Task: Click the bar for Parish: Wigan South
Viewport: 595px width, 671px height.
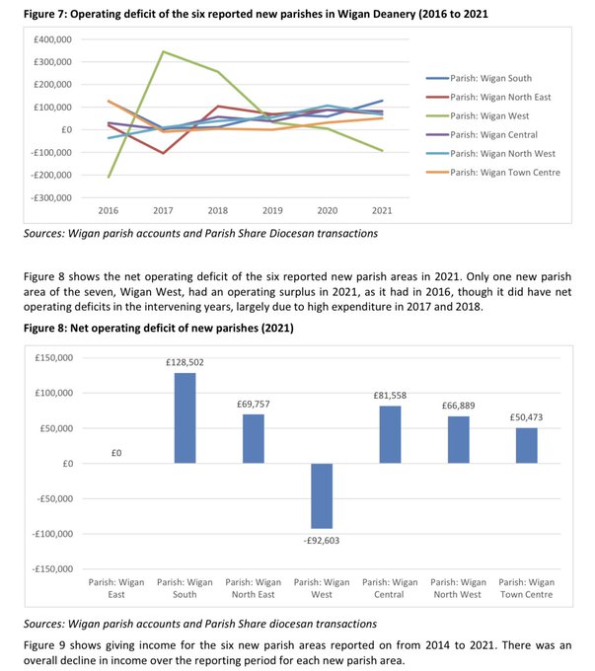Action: pos(186,417)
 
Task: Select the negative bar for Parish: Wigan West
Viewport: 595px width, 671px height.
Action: pos(322,495)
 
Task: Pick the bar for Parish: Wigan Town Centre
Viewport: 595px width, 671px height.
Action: pos(526,445)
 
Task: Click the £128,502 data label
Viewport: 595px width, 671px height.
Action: pos(186,363)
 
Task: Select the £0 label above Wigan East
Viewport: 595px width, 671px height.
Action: pos(117,453)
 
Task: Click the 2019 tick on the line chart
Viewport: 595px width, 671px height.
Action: pos(272,211)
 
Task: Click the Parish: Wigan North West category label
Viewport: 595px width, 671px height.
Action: pos(458,588)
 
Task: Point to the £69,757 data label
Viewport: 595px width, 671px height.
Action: pos(254,405)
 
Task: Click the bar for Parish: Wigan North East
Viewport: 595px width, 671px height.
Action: pos(254,438)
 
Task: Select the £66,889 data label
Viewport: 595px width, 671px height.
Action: pos(458,407)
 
